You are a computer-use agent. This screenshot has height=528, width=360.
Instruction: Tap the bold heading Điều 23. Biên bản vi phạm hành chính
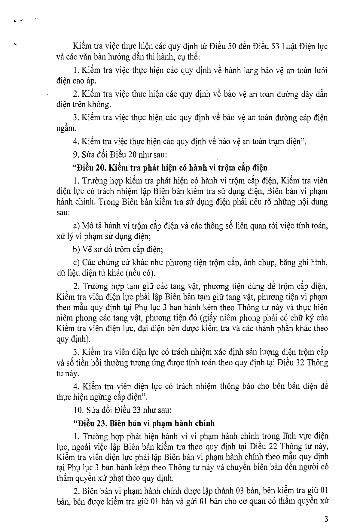144,423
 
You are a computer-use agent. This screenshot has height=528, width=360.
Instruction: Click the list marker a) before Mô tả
76,226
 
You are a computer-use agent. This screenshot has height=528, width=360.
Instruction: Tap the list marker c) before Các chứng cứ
76,262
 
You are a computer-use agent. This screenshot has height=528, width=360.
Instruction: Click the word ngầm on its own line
65,128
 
